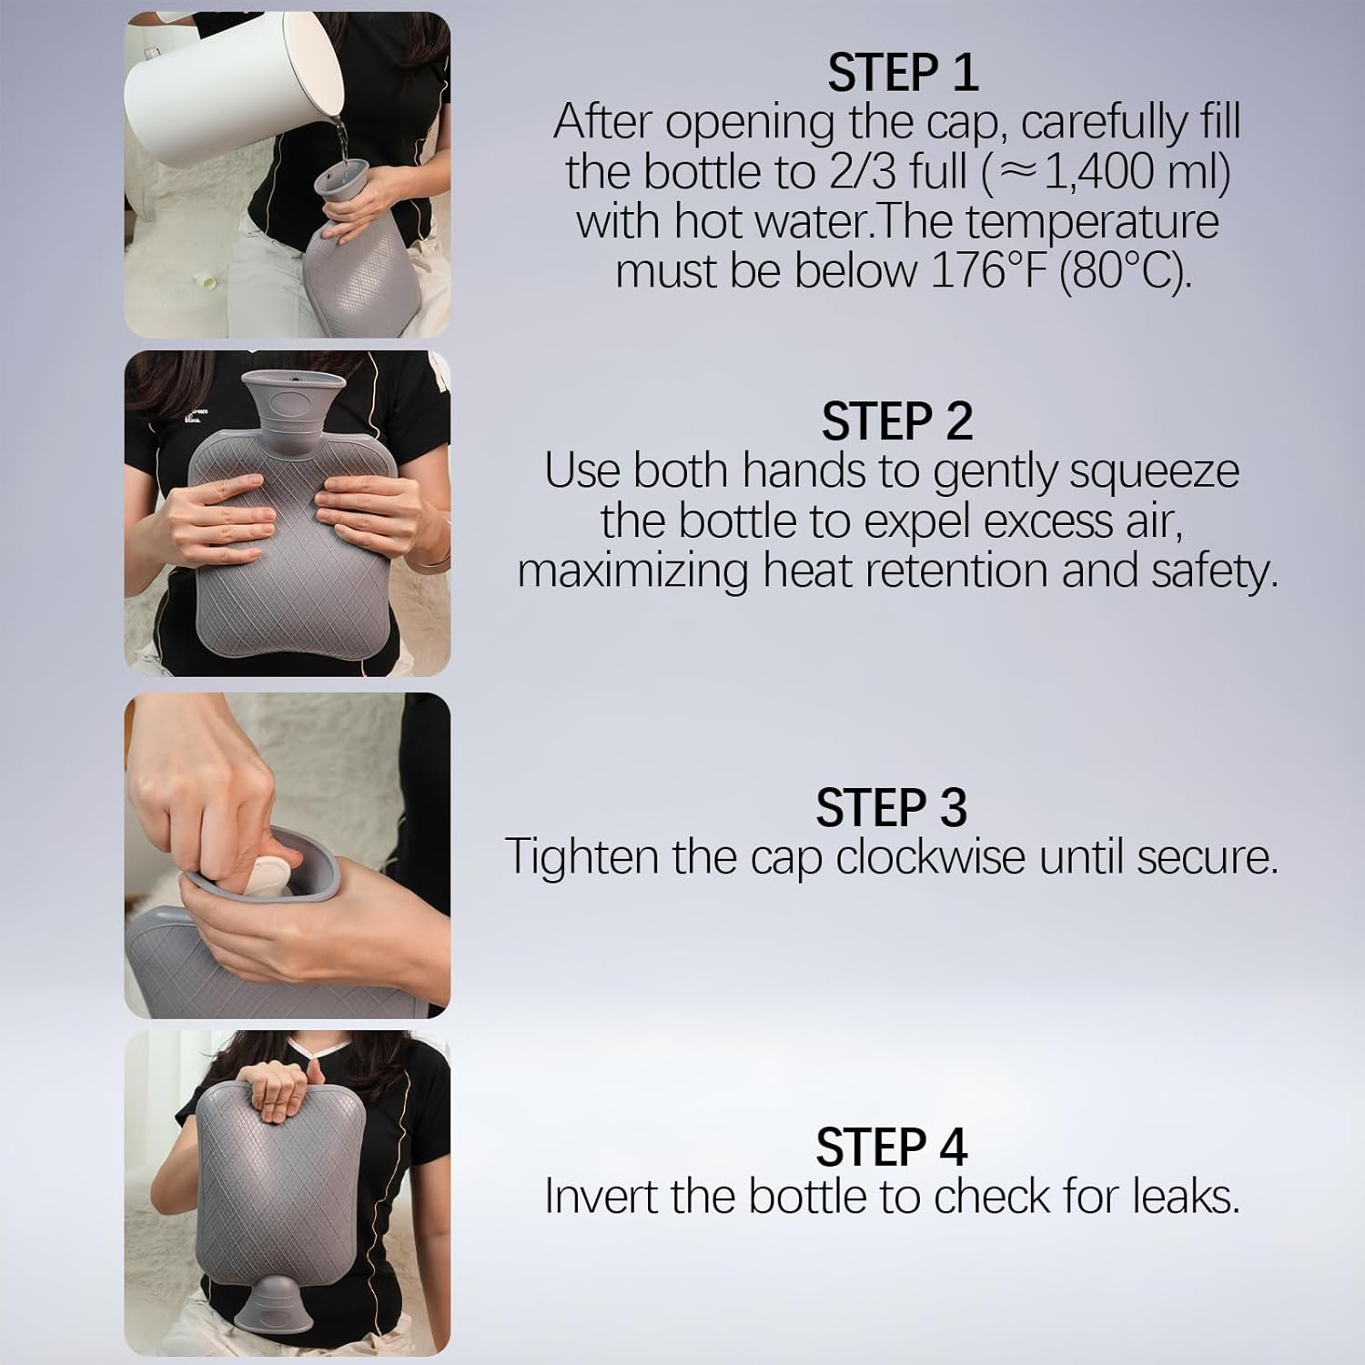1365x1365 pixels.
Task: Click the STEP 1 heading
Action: click(903, 73)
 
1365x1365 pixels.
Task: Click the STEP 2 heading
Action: click(896, 421)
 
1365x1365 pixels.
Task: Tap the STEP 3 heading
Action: click(891, 807)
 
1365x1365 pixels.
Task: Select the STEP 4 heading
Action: click(891, 1147)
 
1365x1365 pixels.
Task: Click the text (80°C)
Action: click(1126, 270)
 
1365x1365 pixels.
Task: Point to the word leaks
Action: click(1186, 1196)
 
